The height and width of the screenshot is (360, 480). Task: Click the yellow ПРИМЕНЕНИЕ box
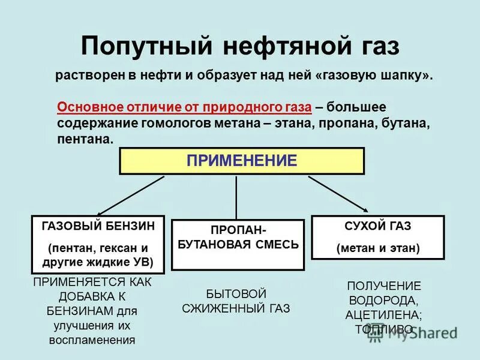coord(242,161)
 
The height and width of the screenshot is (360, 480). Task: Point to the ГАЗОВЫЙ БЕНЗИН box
coord(98,244)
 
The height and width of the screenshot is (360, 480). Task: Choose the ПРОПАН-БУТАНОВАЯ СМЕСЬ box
coord(238,244)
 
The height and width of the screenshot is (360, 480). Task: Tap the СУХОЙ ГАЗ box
coord(377,237)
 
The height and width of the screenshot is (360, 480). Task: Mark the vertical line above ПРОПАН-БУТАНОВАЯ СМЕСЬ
coord(236,197)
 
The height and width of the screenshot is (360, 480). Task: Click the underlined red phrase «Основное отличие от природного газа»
coord(184,107)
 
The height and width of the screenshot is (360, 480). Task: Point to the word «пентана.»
coord(85,139)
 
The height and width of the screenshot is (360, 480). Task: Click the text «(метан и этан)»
coord(378,248)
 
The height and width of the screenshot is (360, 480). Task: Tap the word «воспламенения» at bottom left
coord(92,340)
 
